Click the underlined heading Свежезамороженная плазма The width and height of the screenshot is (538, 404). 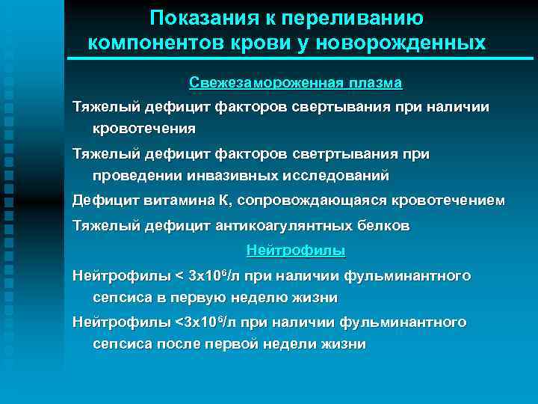[x=295, y=82]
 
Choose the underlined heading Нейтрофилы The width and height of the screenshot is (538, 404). [x=295, y=251]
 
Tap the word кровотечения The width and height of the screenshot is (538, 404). [x=144, y=128]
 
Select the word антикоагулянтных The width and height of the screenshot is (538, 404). [x=279, y=225]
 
